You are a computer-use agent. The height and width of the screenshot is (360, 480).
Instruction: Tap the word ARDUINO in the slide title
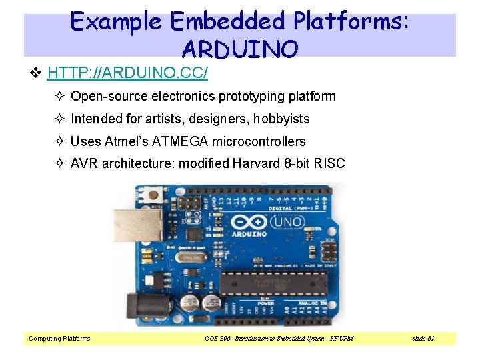click(239, 48)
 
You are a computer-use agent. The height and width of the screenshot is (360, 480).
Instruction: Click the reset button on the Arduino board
click(156, 195)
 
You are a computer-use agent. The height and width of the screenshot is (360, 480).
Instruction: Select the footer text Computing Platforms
click(59, 339)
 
